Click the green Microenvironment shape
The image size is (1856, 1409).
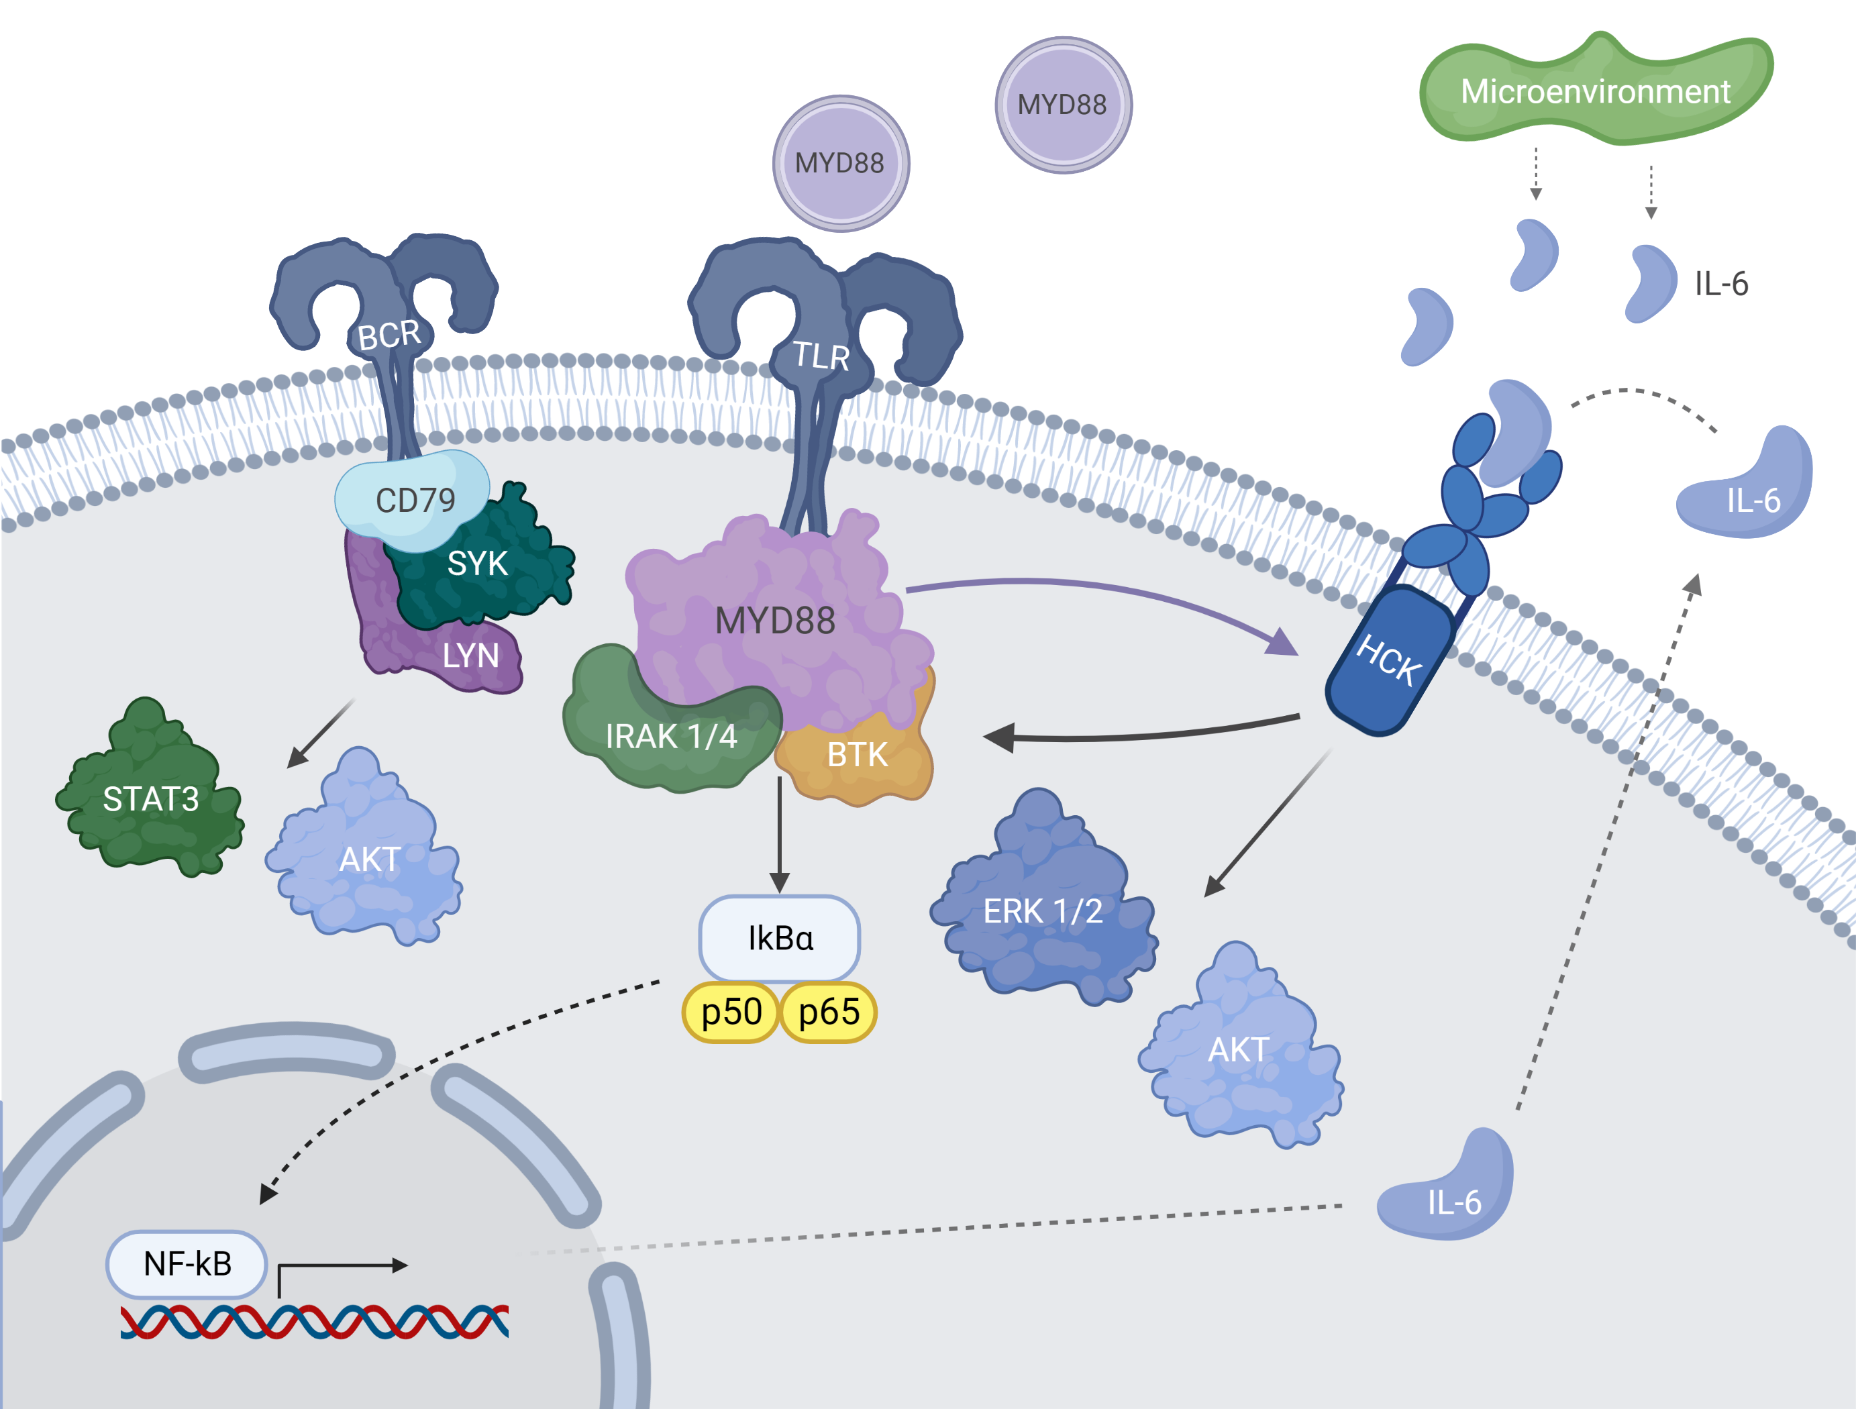1594,91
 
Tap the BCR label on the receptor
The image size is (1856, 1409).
389,335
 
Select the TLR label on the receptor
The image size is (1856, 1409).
821,356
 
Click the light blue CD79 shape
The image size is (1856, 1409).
415,499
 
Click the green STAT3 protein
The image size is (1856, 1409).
150,798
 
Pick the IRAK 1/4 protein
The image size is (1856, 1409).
670,736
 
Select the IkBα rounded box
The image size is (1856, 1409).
780,937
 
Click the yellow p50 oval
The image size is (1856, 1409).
731,1012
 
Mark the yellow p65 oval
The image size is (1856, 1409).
828,1012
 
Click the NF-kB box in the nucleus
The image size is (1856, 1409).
187,1263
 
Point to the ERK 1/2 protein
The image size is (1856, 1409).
1042,910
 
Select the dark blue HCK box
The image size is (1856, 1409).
1388,660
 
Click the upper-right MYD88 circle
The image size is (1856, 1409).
1062,105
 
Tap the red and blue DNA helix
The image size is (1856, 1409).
314,1321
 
